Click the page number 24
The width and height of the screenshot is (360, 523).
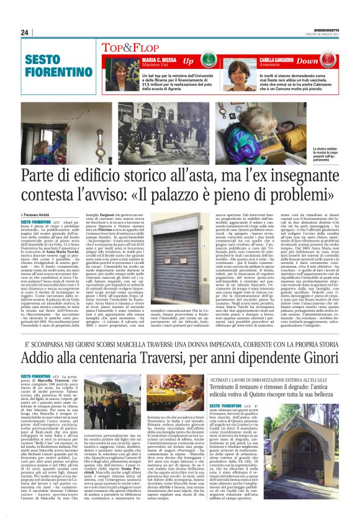(25, 32)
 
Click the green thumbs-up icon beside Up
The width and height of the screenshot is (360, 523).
(202, 61)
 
